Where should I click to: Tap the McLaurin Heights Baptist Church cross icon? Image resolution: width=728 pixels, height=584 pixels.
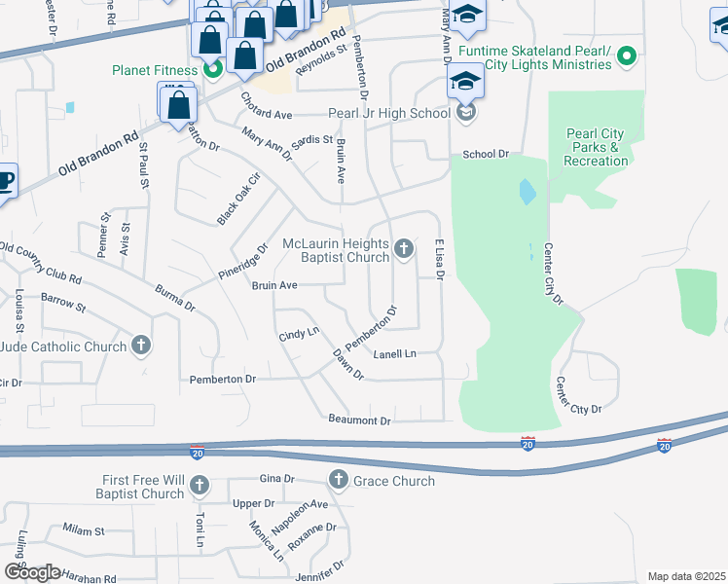click(x=405, y=250)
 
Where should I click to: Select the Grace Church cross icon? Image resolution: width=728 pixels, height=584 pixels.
click(x=338, y=480)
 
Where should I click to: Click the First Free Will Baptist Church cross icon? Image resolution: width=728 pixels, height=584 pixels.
click(x=200, y=486)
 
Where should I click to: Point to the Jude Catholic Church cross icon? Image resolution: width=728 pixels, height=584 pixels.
click(x=142, y=346)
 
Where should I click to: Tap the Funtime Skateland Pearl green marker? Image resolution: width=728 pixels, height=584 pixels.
click(x=627, y=57)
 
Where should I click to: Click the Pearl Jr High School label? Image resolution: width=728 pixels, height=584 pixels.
click(x=388, y=113)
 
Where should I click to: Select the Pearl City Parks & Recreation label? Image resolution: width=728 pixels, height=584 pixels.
click(x=597, y=147)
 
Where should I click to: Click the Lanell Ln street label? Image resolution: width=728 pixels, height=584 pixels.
click(x=394, y=353)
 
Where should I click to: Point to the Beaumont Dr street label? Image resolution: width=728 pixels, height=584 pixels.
click(x=358, y=420)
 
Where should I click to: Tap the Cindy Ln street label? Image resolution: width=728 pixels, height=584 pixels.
click(x=299, y=335)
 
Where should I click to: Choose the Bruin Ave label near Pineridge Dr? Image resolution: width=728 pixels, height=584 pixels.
click(x=274, y=286)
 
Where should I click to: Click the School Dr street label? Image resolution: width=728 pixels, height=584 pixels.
click(x=486, y=154)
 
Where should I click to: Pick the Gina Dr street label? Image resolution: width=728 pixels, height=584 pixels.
click(x=276, y=479)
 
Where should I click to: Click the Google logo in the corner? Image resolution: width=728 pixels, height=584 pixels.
click(x=31, y=572)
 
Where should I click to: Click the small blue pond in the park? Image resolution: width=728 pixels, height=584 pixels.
click(x=527, y=192)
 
